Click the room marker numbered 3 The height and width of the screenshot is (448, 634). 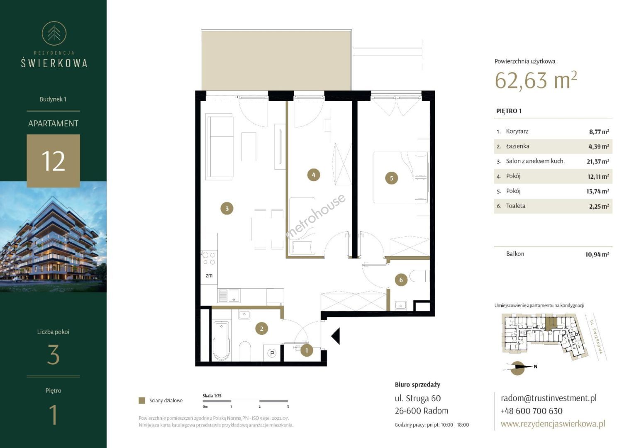[x=227, y=209]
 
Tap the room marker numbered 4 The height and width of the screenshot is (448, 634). [x=313, y=175]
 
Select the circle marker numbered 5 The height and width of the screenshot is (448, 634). [x=391, y=178]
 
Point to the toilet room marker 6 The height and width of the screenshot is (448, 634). [x=401, y=280]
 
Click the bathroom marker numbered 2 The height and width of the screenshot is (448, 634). [x=261, y=329]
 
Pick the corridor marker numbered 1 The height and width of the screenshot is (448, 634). [x=307, y=351]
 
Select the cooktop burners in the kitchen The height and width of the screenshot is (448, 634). [x=209, y=258]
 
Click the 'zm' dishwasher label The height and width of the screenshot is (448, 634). [x=209, y=275]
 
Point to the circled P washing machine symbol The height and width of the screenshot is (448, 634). [x=272, y=353]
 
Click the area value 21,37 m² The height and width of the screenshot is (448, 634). [x=597, y=161]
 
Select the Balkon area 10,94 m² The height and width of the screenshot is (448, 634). [x=597, y=254]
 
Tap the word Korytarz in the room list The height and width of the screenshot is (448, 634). [x=517, y=131]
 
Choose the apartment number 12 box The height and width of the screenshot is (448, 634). [x=53, y=161]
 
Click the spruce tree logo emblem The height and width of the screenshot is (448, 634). [x=54, y=34]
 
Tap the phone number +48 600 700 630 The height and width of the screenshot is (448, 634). [x=532, y=411]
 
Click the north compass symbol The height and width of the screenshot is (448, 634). [x=518, y=368]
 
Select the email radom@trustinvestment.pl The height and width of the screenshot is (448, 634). [x=549, y=398]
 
